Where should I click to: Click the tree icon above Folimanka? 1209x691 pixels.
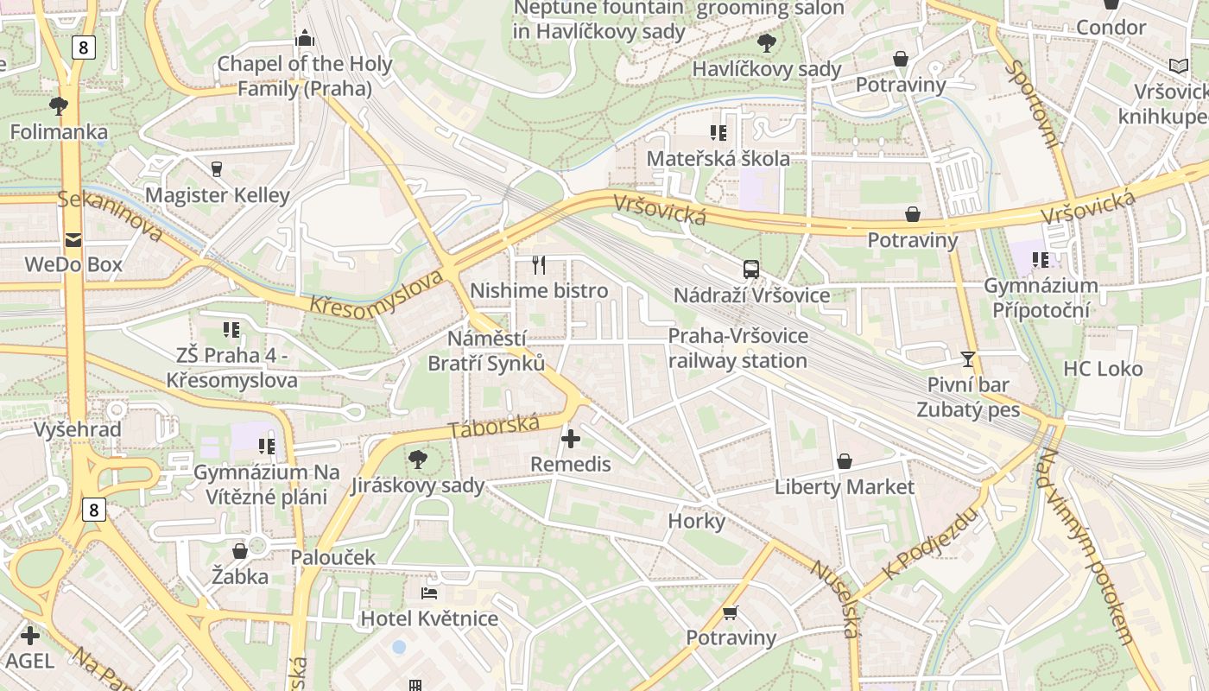[x=59, y=106]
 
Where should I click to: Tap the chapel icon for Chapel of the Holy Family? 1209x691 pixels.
[x=304, y=38]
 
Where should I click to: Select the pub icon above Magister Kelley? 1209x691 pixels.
[x=217, y=168]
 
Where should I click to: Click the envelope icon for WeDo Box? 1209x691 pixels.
[x=73, y=239]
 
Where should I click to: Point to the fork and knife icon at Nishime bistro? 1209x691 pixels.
[x=539, y=265]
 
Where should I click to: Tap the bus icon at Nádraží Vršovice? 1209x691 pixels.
[x=751, y=269]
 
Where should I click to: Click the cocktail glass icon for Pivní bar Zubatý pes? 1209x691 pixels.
[x=968, y=358]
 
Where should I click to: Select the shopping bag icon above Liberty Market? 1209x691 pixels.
[x=844, y=461]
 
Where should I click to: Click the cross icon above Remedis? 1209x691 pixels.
[x=570, y=439]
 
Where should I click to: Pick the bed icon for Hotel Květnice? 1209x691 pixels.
[x=429, y=593]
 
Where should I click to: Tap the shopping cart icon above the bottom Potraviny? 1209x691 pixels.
[x=731, y=612]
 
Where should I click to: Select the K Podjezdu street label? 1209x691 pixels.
[x=931, y=543]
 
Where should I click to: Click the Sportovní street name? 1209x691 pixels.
[x=1033, y=104]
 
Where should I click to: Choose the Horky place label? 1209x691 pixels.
[x=696, y=521]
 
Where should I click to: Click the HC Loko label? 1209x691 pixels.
[x=1103, y=369]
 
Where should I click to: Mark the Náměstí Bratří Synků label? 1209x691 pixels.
[x=487, y=351]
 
